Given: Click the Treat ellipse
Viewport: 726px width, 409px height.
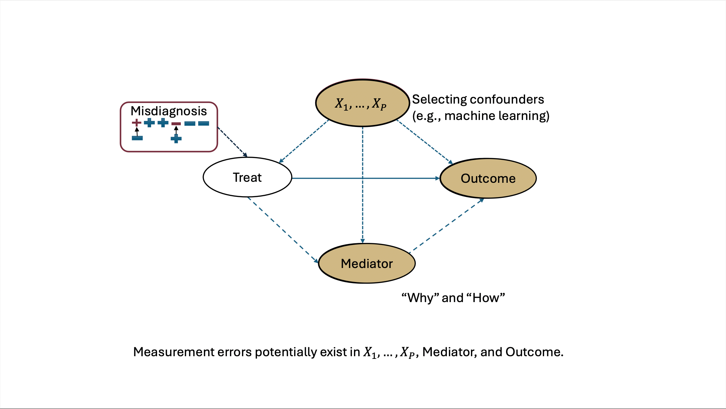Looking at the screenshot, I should [x=247, y=177].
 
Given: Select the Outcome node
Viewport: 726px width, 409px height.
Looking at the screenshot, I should [x=488, y=178].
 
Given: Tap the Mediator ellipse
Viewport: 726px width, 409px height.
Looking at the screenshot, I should [x=367, y=264].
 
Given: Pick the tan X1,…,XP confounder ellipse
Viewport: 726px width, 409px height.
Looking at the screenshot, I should [x=362, y=103].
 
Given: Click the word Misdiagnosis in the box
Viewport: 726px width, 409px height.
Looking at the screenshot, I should [x=168, y=111].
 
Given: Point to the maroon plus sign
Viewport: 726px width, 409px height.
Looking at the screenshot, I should [x=136, y=123].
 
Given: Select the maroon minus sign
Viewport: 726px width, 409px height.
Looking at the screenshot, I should [x=176, y=124].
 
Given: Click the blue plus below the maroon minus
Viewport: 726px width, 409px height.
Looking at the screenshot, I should [x=176, y=138].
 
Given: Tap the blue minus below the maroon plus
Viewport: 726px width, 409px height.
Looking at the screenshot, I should [x=137, y=138].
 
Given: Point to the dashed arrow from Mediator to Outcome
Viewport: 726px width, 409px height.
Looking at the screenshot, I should [x=446, y=226].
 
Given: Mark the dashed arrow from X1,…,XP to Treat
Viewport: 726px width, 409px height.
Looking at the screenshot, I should [x=304, y=141].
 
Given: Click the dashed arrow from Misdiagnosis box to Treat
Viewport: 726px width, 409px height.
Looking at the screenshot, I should [x=232, y=142].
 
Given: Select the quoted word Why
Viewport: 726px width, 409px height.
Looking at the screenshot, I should [x=420, y=298].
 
